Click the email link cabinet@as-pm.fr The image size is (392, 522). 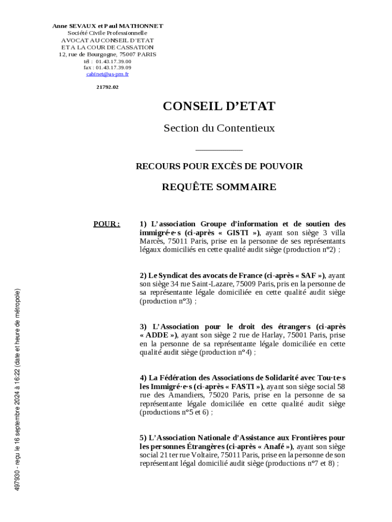[x=107, y=74]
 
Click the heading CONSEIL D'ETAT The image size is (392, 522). [x=219, y=106]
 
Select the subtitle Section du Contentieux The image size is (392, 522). [x=219, y=128]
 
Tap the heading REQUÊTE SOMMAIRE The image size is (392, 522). [x=219, y=187]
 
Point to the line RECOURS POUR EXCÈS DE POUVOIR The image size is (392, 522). [x=219, y=166]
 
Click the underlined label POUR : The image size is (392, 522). [x=107, y=224]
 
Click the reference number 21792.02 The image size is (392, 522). [x=107, y=87]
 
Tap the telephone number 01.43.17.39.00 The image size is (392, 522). [x=113, y=61]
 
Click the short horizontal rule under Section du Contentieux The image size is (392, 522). [x=219, y=150]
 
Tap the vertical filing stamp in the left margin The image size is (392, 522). [x=17, y=390]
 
